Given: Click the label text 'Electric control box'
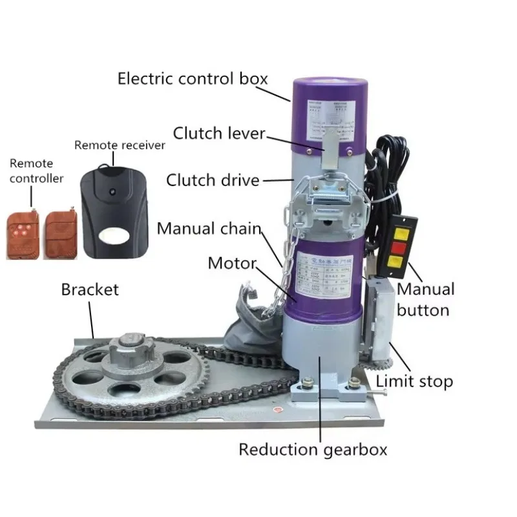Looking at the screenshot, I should tap(192, 79).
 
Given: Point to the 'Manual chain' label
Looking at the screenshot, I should tap(209, 228).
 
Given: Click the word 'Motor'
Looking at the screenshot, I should tap(232, 263).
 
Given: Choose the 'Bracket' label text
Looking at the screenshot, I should tap(90, 289).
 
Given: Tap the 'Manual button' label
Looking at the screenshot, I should tap(425, 299).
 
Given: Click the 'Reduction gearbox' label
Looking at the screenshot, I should tap(313, 449).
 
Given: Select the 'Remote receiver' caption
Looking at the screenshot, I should tap(120, 145).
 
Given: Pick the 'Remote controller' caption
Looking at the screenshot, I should tap(36, 171).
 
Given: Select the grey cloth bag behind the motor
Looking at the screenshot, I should tap(249, 323).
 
